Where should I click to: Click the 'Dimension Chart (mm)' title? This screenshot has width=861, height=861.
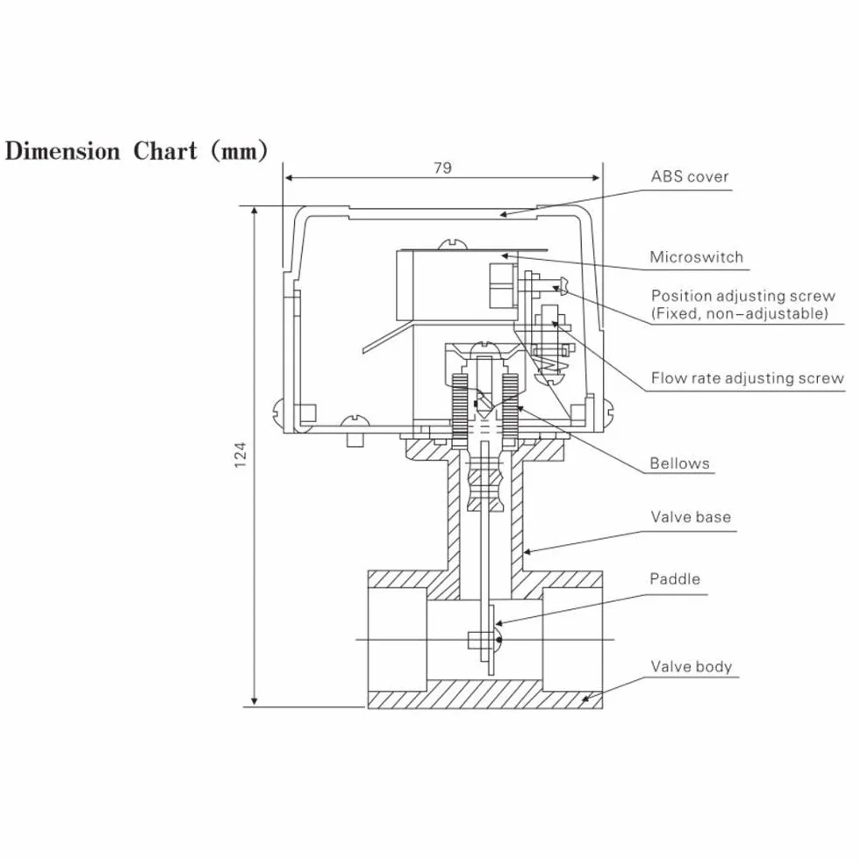click(x=136, y=151)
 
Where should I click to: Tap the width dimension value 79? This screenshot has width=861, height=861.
click(x=442, y=168)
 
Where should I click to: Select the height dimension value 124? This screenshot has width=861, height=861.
click(x=240, y=455)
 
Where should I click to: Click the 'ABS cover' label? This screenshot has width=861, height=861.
click(x=690, y=176)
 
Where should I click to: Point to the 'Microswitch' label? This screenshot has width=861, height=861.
click(x=696, y=257)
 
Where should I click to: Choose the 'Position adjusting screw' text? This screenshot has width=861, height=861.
click(x=743, y=296)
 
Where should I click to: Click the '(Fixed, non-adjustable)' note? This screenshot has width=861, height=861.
click(x=740, y=313)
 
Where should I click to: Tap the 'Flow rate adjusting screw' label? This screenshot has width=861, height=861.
click(x=747, y=377)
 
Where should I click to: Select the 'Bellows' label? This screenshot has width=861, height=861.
click(x=680, y=463)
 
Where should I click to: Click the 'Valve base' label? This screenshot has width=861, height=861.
click(x=691, y=517)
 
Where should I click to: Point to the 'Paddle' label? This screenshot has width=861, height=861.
click(x=675, y=578)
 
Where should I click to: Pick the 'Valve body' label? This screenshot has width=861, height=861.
click(x=692, y=667)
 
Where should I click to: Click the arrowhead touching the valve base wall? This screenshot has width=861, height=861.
click(x=528, y=551)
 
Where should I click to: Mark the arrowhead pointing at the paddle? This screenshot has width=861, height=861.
click(x=499, y=622)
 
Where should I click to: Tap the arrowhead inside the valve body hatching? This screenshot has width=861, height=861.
click(x=586, y=699)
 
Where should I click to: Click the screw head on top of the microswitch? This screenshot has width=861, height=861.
click(x=452, y=244)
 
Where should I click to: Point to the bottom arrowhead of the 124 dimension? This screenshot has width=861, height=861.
click(x=254, y=702)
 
